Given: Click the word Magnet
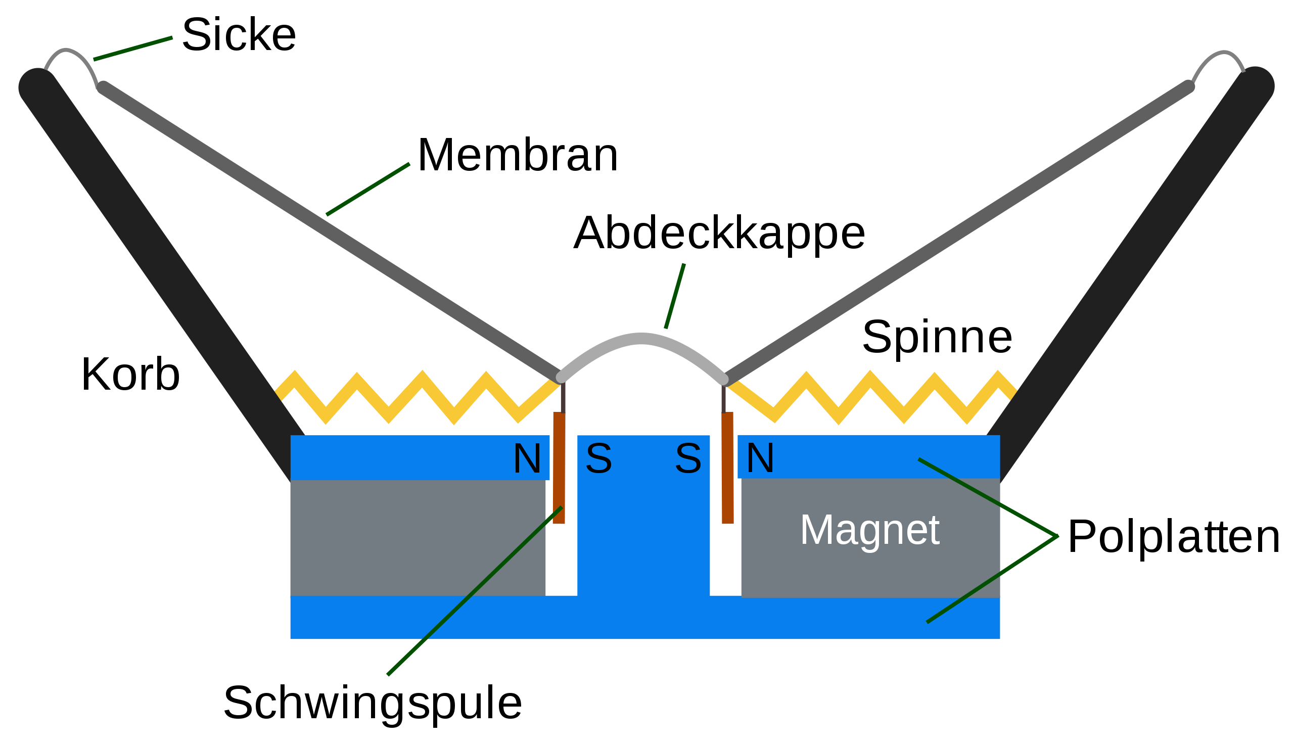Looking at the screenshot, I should (870, 530).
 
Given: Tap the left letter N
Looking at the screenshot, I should (527, 458).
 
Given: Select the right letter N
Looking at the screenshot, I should (760, 458).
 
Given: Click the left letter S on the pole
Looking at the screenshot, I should (598, 458).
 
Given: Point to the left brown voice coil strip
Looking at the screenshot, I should (559, 460).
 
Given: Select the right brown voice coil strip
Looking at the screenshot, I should (727, 460).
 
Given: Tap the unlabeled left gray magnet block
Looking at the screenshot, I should (417, 537).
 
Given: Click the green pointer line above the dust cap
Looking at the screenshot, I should (674, 297).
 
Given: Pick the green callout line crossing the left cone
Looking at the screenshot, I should (367, 190).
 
